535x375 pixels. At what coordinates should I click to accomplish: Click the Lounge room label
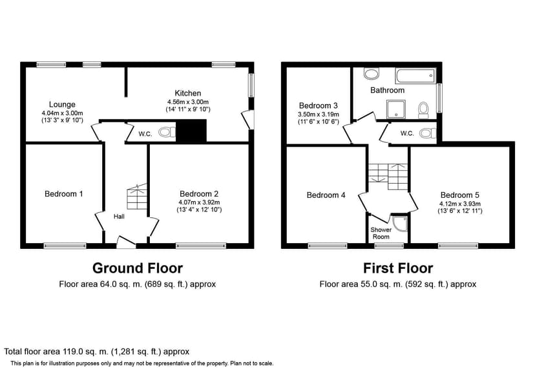pos(62,104)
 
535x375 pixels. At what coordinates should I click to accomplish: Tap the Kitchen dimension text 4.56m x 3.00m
pos(187,102)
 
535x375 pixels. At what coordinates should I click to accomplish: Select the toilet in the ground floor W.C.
pos(167,133)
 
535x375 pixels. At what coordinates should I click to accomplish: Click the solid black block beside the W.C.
pos(191,132)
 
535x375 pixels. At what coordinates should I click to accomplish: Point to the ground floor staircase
pos(137,197)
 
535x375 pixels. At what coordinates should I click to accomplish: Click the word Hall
pos(120,217)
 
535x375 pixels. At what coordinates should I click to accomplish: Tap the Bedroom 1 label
pos(63,194)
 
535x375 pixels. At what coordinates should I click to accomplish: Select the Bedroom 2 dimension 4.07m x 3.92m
pos(199,202)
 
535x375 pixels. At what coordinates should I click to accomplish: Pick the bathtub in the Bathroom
pos(414,77)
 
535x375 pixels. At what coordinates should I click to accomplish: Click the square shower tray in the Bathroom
pos(395,109)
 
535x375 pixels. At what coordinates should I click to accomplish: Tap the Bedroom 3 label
pos(318,105)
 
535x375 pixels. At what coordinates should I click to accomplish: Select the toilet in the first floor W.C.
pos(426,133)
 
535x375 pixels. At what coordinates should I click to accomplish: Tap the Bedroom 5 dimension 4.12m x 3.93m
pos(459,203)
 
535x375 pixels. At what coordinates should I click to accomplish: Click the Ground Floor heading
pos(137,268)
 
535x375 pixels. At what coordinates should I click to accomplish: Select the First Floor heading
pos(397,268)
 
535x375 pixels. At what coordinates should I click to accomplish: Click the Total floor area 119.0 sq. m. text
pos(97,352)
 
